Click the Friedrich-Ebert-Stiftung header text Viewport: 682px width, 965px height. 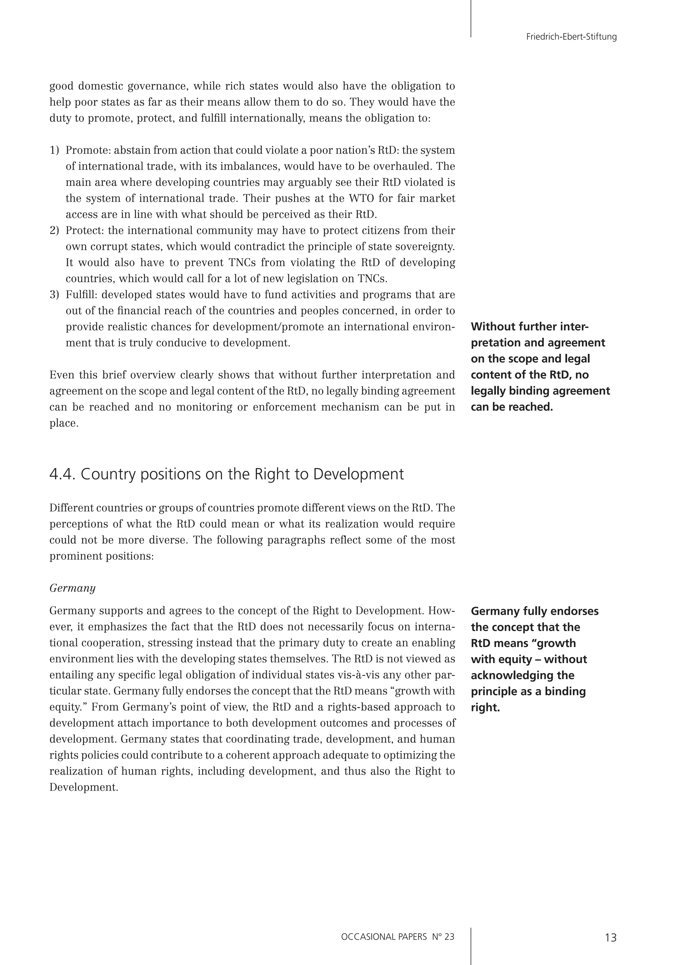tap(571, 37)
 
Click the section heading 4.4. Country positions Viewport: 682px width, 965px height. tap(226, 474)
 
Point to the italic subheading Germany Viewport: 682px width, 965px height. tap(72, 588)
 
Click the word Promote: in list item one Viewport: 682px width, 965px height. tap(88, 151)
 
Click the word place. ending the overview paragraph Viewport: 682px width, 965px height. tap(64, 423)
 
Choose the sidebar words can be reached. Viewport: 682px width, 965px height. tap(511, 407)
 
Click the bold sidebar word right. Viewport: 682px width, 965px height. tap(485, 707)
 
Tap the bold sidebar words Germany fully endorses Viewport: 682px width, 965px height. tap(534, 611)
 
